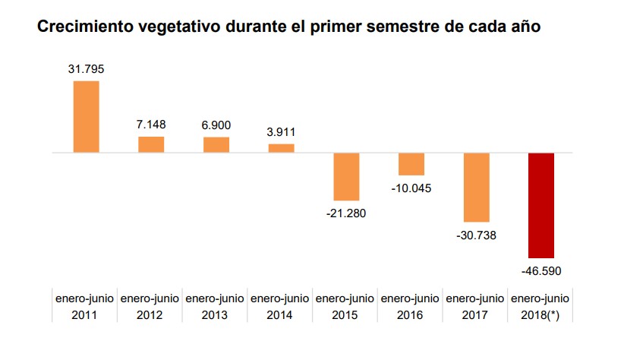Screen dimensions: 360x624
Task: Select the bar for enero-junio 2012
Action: [151, 144]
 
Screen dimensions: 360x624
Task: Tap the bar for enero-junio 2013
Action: [216, 144]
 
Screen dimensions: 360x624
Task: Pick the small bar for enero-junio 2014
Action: [281, 148]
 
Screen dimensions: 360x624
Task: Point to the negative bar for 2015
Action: [346, 176]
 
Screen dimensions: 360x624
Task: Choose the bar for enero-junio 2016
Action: [411, 164]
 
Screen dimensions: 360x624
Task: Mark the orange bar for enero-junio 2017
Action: [476, 187]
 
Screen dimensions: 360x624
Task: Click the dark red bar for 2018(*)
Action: [541, 205]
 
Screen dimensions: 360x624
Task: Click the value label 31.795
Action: [86, 69]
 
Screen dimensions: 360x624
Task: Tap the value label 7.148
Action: [151, 124]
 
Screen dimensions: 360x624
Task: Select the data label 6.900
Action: [216, 125]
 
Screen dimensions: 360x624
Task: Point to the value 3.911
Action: [281, 131]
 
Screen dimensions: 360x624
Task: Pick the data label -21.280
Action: [346, 213]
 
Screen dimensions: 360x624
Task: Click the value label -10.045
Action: [411, 188]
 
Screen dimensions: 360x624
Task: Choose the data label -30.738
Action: [476, 235]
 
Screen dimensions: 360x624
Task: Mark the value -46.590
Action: [541, 270]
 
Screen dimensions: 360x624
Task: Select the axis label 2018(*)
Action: [541, 314]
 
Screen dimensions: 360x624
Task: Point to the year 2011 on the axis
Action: [85, 314]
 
